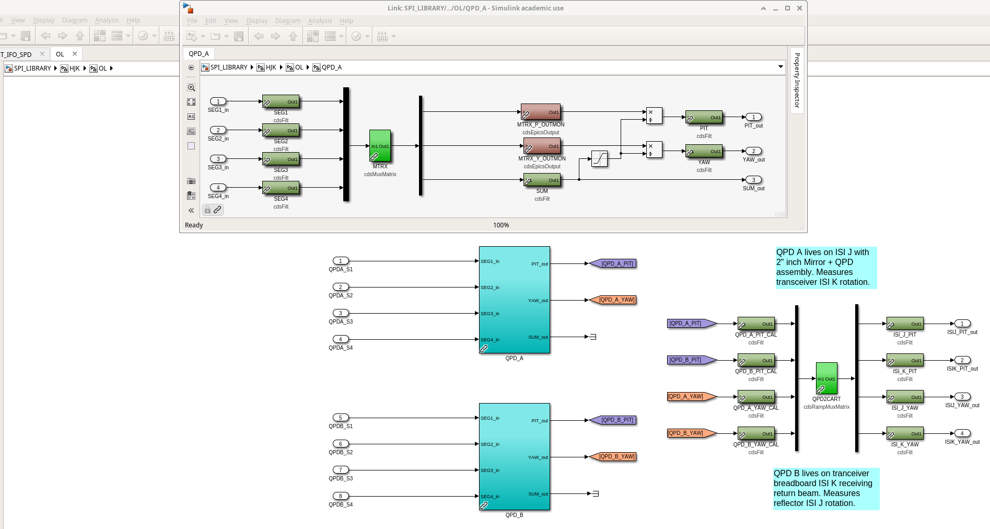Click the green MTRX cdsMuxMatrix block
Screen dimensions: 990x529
click(x=380, y=146)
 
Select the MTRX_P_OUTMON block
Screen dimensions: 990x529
click(x=541, y=112)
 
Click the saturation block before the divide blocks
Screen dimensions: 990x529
click(x=599, y=158)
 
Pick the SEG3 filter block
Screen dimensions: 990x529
click(x=281, y=159)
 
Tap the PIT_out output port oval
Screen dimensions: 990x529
click(x=753, y=117)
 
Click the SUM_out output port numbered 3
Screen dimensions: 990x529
click(x=753, y=180)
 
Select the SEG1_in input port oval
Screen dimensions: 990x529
click(x=218, y=101)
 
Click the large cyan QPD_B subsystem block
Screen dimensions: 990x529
click(x=515, y=456)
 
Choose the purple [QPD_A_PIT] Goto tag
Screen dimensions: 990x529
click(x=613, y=263)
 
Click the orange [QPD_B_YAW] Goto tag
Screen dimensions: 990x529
click(x=613, y=457)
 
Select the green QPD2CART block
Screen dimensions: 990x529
click(x=826, y=378)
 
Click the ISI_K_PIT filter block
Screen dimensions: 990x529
click(x=905, y=360)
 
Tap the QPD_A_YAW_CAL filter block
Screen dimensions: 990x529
click(x=756, y=397)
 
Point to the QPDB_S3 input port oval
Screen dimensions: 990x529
click(x=341, y=470)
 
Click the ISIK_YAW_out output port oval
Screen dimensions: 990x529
click(x=962, y=433)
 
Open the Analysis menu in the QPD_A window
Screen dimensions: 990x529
click(x=320, y=21)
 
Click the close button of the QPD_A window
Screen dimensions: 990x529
click(x=799, y=8)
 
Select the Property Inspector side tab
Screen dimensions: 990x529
click(x=797, y=80)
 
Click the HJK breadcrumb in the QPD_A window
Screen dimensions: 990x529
click(x=271, y=67)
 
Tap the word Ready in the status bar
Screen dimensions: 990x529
click(x=194, y=225)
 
